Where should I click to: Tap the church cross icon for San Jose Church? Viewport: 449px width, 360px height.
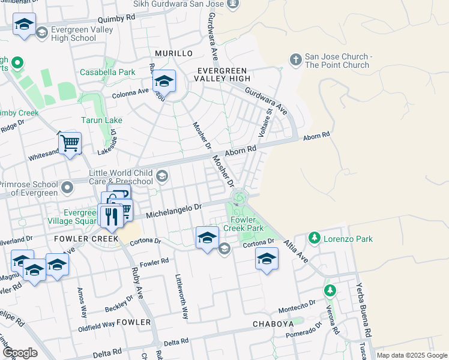[295, 59]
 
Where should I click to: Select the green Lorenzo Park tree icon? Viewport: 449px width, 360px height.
[314, 238]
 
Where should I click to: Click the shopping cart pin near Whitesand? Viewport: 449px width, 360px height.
[70, 144]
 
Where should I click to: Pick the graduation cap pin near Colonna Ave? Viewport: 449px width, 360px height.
[164, 81]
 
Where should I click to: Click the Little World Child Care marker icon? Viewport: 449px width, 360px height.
[161, 176]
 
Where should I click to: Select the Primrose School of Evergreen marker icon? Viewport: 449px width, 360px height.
[67, 188]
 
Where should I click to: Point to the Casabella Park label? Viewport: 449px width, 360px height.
[107, 71]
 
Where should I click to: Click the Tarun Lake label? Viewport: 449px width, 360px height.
[105, 120]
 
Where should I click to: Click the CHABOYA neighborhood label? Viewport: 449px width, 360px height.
[272, 323]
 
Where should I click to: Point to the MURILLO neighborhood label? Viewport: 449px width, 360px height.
[173, 53]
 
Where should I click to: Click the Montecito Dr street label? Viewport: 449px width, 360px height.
[297, 309]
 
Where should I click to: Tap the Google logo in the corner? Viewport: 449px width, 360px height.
[20, 353]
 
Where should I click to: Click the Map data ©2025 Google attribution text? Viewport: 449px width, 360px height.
[412, 355]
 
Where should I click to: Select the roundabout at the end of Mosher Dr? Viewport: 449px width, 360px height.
[239, 197]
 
